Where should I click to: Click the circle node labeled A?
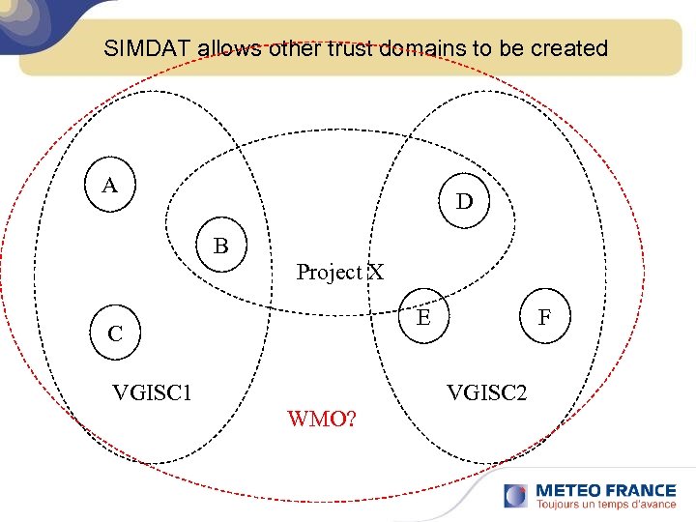point(110,185)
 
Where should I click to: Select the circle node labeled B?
point(221,246)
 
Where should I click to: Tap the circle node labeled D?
point(465,202)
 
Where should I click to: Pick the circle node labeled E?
point(423,314)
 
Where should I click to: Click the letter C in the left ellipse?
point(115,334)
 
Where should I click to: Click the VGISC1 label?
point(152,392)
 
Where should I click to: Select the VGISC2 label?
point(486,392)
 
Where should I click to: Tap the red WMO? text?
point(322,420)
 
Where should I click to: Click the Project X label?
point(339,273)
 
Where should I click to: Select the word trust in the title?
point(350,48)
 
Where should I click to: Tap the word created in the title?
point(568,48)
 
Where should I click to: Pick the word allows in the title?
point(230,48)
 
